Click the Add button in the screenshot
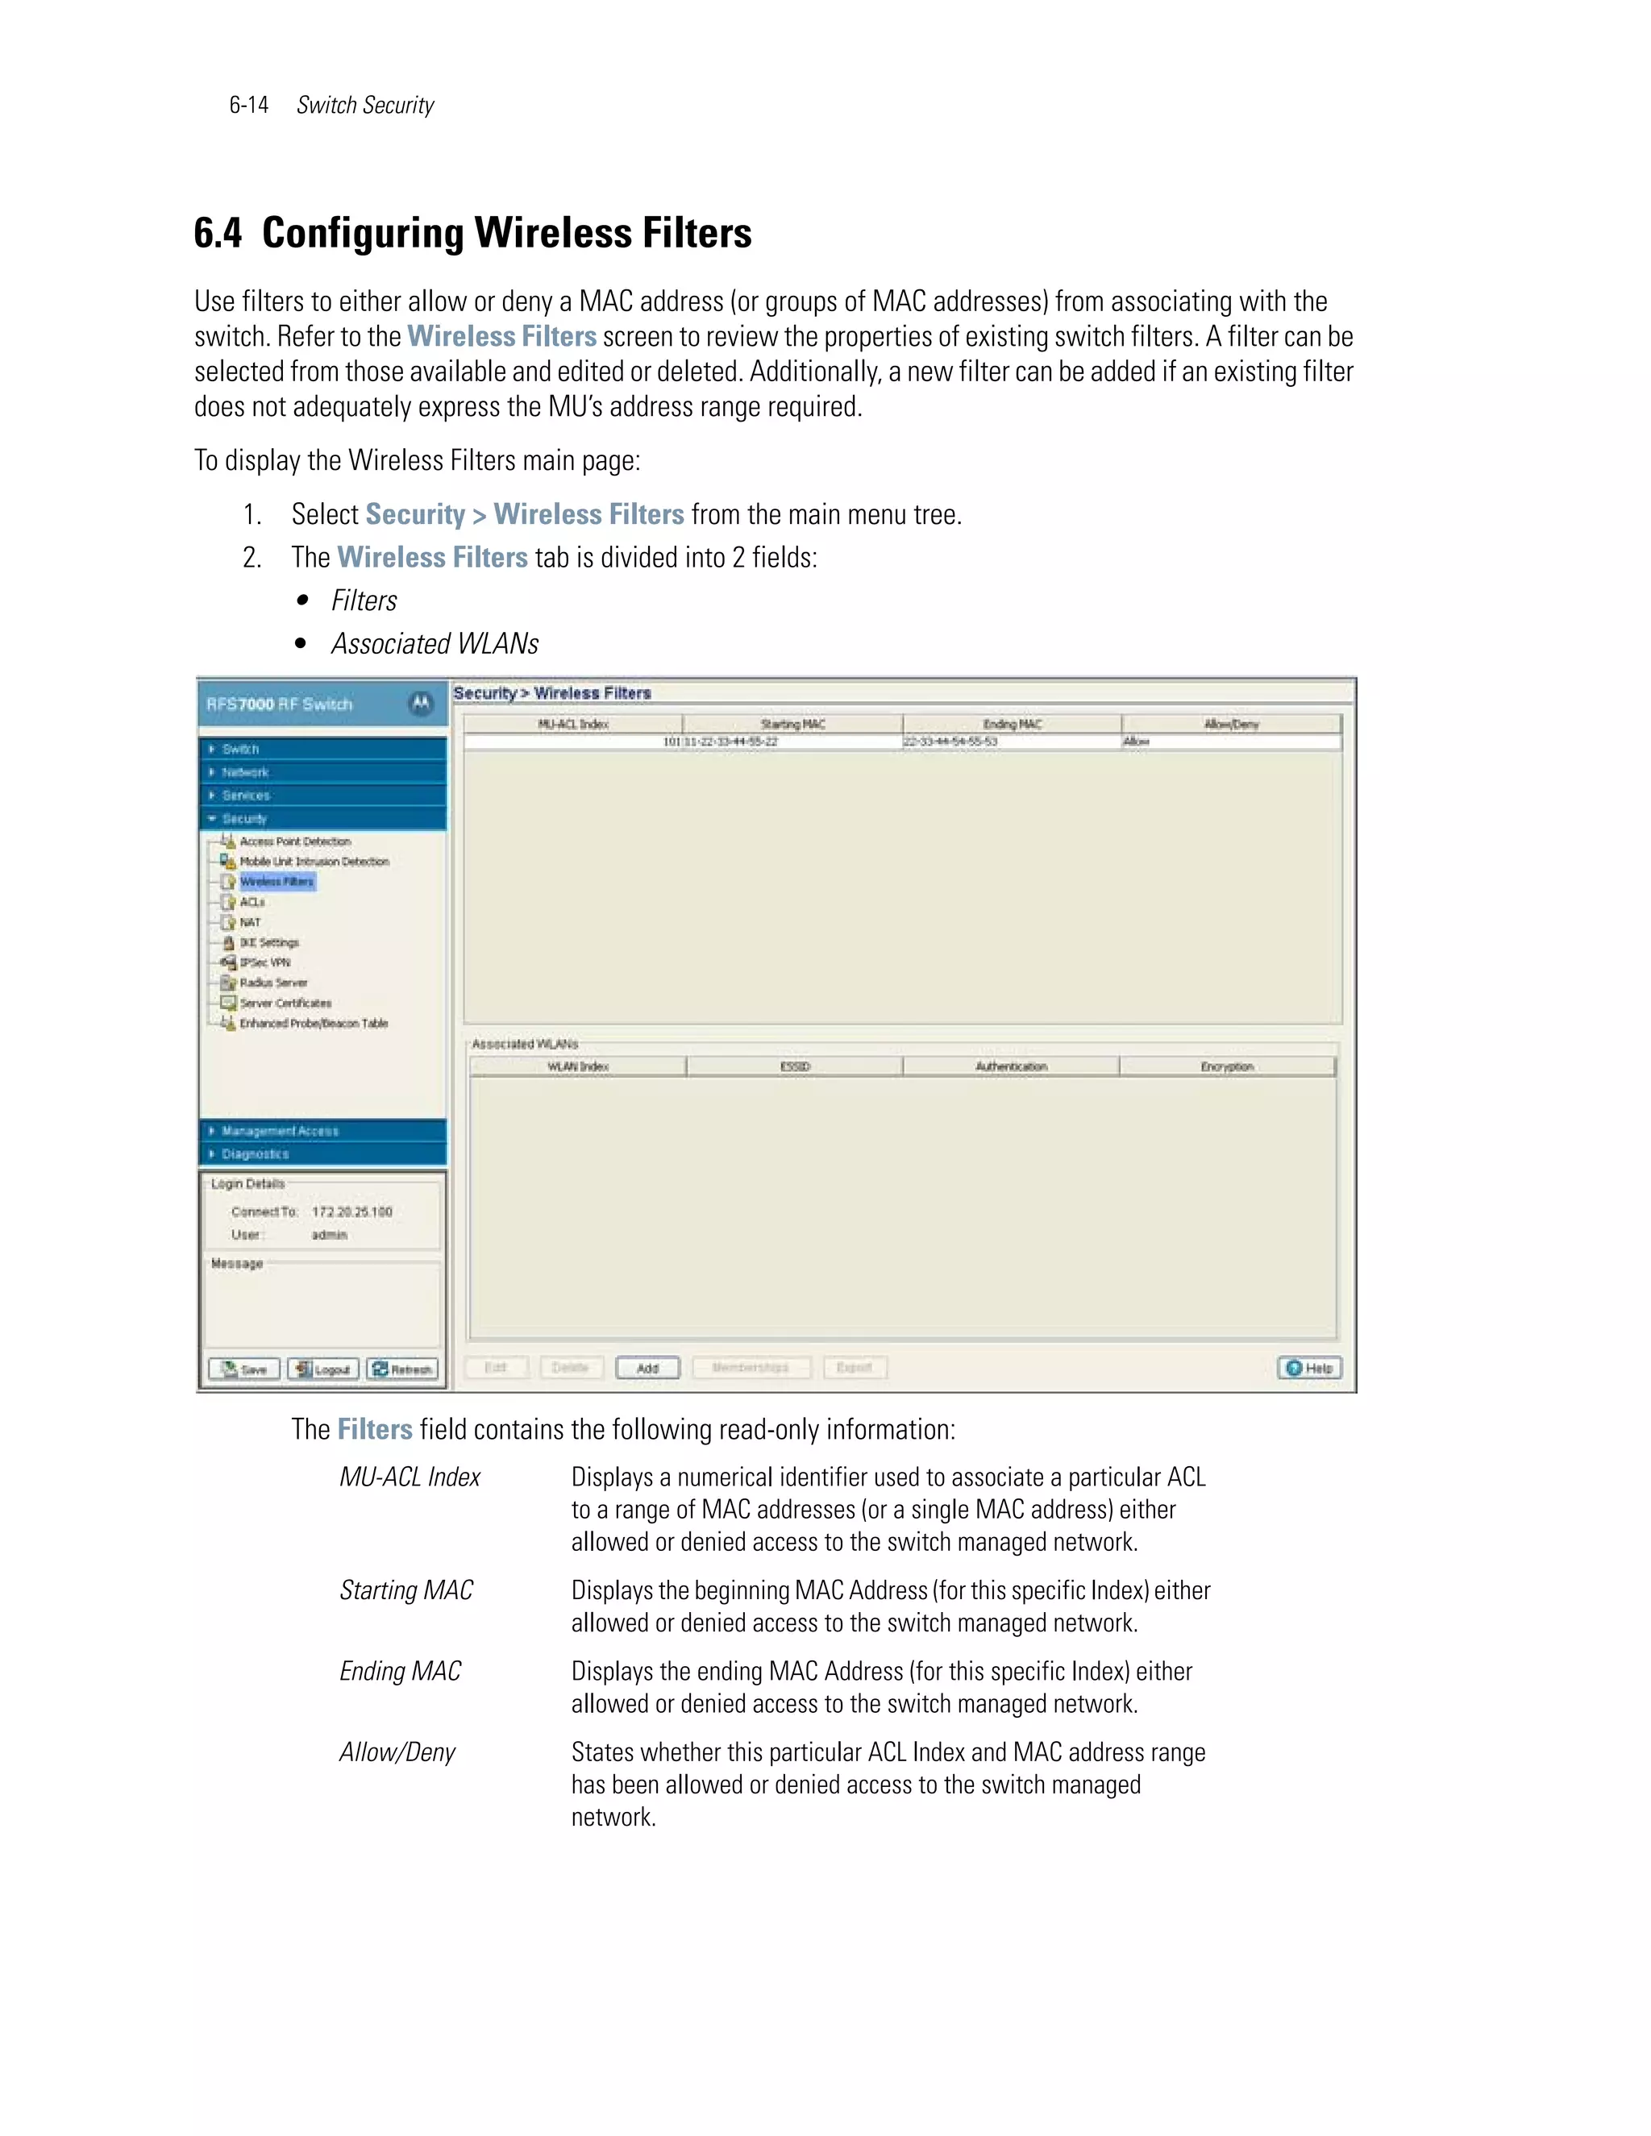(x=647, y=1367)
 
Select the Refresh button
(x=402, y=1369)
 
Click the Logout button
(x=322, y=1369)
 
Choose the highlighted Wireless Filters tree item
(x=277, y=881)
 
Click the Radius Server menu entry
(x=273, y=982)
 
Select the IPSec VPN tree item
(x=264, y=962)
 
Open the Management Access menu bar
(x=322, y=1131)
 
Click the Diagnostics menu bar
(x=322, y=1154)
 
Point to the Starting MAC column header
(x=792, y=724)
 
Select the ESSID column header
(x=794, y=1066)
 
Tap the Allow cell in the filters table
(x=1137, y=742)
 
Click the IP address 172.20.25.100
(x=351, y=1211)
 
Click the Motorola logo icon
(x=421, y=703)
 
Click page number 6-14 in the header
(x=248, y=106)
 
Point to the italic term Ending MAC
(x=400, y=1672)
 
